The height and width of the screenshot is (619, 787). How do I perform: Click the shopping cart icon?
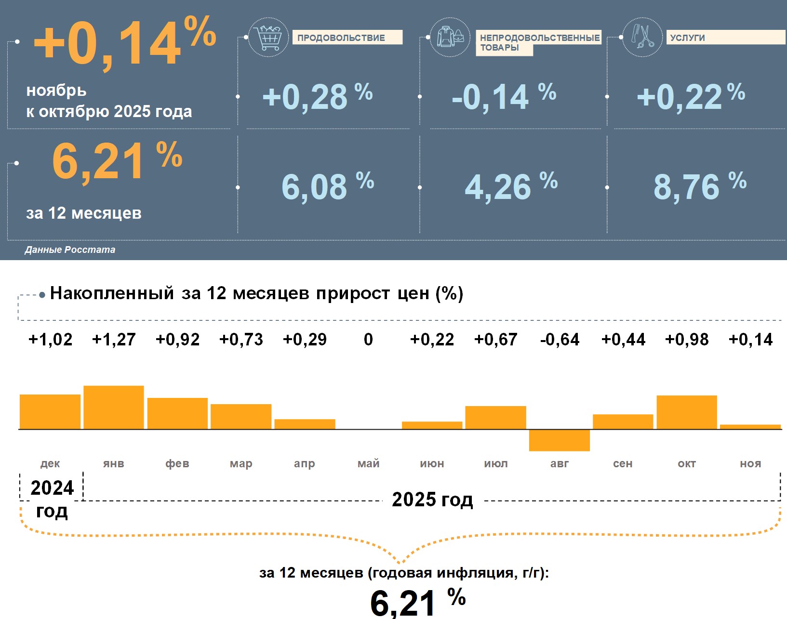pos(268,37)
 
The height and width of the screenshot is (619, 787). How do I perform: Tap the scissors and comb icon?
pos(642,37)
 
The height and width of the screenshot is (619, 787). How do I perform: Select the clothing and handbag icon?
pos(450,37)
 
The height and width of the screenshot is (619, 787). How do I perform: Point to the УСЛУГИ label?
pos(687,38)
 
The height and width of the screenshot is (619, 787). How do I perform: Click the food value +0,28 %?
pos(317,96)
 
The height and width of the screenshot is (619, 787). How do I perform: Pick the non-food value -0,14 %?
pos(504,96)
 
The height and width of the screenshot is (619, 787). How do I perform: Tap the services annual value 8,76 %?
pos(699,186)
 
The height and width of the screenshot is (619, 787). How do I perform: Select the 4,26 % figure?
pos(510,186)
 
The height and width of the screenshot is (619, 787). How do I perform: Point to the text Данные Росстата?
pos(70,250)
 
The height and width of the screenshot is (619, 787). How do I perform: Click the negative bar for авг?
pos(559,440)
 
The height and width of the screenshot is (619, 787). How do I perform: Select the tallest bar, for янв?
pos(114,407)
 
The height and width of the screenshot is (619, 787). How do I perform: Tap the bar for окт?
pos(686,412)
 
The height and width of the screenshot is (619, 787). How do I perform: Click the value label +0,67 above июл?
pos(495,340)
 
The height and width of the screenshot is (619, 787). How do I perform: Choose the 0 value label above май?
pos(368,340)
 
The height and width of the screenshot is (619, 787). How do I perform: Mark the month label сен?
pos(623,463)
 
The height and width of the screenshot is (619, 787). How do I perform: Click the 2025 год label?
pos(432,500)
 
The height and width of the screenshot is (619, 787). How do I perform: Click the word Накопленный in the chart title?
pos(112,293)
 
